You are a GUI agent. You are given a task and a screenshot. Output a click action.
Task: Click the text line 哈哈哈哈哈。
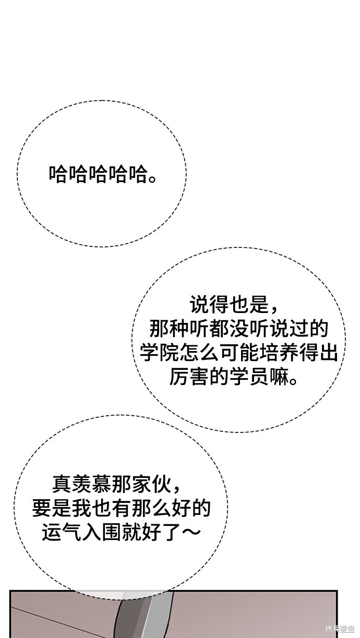103,174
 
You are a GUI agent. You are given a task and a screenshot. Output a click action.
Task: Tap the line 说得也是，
234,305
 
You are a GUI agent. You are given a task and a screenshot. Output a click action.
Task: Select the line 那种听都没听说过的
238,329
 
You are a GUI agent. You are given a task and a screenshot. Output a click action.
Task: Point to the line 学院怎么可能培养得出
238,353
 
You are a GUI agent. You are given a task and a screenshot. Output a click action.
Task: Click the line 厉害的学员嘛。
234,377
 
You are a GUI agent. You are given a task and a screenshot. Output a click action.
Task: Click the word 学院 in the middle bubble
159,353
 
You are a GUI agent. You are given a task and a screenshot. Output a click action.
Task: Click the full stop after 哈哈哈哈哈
152,179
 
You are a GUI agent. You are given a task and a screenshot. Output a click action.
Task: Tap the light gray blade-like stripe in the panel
159,612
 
